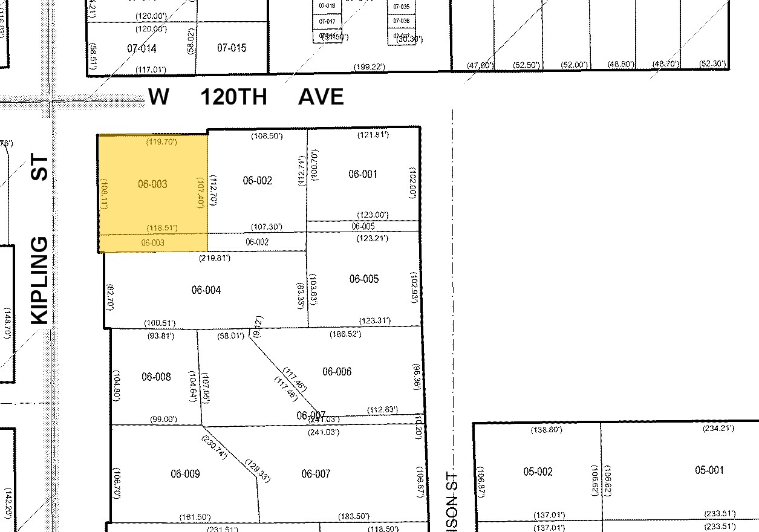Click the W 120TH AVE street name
[246, 97]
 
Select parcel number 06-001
[363, 174]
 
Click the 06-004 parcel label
[206, 290]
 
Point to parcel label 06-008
[156, 377]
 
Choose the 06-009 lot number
[185, 474]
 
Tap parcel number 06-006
[337, 372]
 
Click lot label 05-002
[538, 472]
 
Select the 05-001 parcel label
[709, 470]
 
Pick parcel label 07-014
[142, 48]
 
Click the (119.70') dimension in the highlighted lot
[161, 142]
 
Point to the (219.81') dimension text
[215, 258]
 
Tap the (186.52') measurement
[345, 334]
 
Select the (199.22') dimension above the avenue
[370, 66]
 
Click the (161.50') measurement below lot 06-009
[195, 517]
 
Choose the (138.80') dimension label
[547, 430]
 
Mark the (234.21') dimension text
[718, 429]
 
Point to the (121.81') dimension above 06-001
[373, 135]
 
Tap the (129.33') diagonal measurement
[257, 470]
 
